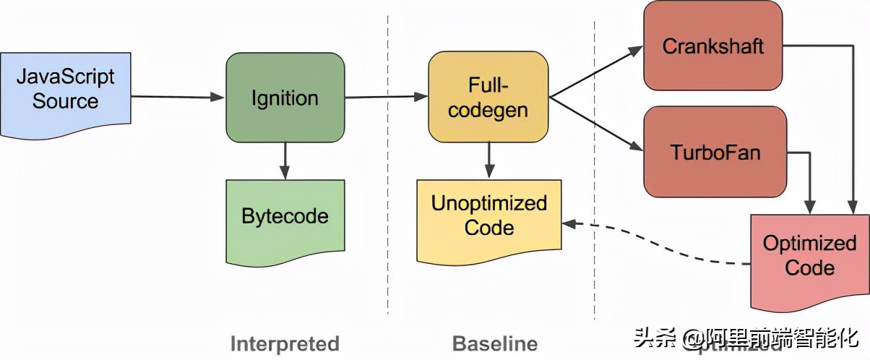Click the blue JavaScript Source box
pyautogui.click(x=65, y=90)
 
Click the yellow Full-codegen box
pyautogui.click(x=488, y=98)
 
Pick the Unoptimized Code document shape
pyautogui.click(x=488, y=217)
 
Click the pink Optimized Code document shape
pyautogui.click(x=809, y=257)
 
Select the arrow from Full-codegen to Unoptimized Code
pyautogui.click(x=489, y=160)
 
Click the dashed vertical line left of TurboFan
pyautogui.click(x=594, y=217)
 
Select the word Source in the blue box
pyautogui.click(x=65, y=101)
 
